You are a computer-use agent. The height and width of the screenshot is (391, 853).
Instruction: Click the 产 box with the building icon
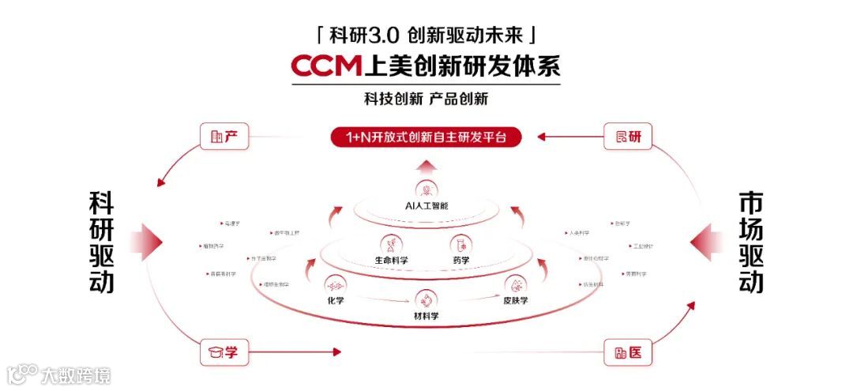pyautogui.click(x=224, y=137)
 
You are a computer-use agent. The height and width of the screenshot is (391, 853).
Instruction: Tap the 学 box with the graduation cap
pyautogui.click(x=224, y=352)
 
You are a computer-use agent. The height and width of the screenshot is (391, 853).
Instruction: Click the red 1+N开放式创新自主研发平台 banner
pyautogui.click(x=426, y=137)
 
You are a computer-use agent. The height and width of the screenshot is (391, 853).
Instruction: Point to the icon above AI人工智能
pyautogui.click(x=427, y=190)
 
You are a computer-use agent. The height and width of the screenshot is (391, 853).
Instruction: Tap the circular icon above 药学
pyautogui.click(x=460, y=242)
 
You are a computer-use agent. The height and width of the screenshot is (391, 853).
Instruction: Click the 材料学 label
pyautogui.click(x=426, y=316)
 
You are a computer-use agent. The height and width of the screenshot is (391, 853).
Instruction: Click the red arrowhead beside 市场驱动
pyautogui.click(x=705, y=241)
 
